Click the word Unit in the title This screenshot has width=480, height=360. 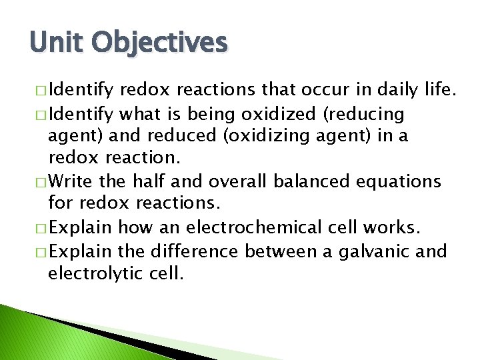tap(55, 42)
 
